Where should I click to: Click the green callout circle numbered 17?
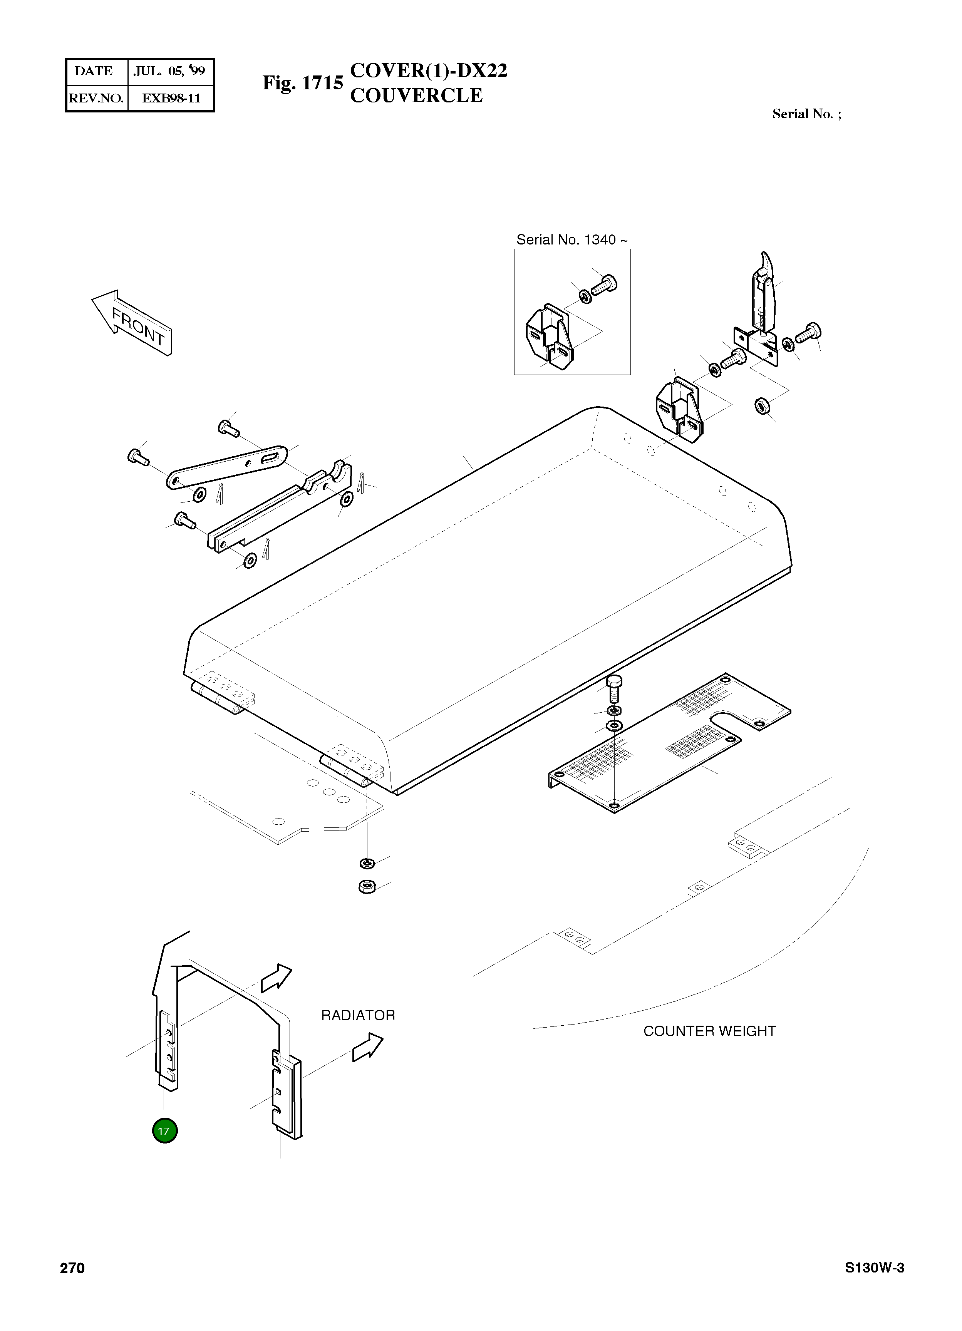pos(164,1130)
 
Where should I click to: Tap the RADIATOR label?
pos(358,1015)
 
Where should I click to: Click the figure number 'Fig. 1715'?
pos(302,83)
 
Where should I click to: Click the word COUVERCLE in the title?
pos(416,95)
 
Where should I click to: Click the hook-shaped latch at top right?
pos(765,293)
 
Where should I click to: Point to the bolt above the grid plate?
pos(613,687)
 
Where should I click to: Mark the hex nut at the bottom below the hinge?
pos(367,886)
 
